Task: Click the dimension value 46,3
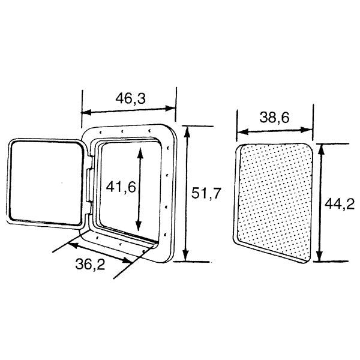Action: click(129, 100)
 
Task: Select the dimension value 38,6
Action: click(275, 118)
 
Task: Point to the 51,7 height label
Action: click(206, 193)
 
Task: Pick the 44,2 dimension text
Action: click(339, 204)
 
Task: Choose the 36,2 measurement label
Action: click(89, 265)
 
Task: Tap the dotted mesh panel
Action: click(275, 201)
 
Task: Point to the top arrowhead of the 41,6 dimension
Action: click(140, 150)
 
